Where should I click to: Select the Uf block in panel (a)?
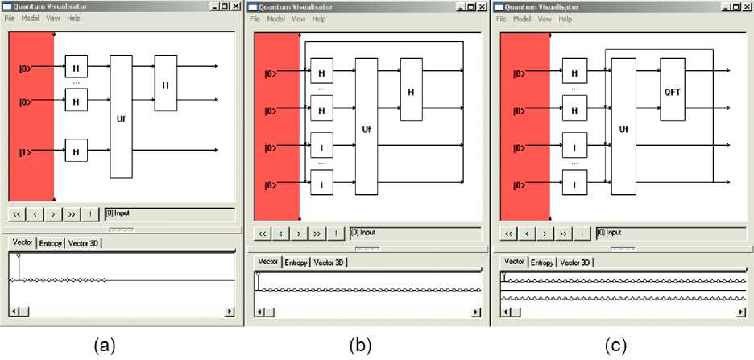pyautogui.click(x=121, y=116)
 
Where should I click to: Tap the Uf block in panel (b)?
pyautogui.click(x=367, y=127)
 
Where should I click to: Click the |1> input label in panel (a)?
pyautogui.click(x=24, y=150)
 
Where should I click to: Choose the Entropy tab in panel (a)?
pyautogui.click(x=50, y=243)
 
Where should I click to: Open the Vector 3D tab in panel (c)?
pyautogui.click(x=575, y=263)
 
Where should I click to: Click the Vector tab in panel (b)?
pyautogui.click(x=268, y=263)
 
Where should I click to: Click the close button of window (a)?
pyautogui.click(x=235, y=6)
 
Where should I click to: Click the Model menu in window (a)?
pyautogui.click(x=31, y=18)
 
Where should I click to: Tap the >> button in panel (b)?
pyautogui.click(x=317, y=234)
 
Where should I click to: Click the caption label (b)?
pyautogui.click(x=359, y=346)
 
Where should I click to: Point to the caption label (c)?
pyautogui.click(x=616, y=346)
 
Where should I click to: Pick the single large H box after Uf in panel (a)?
pyautogui.click(x=165, y=84)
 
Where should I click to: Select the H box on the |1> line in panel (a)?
pyautogui.click(x=77, y=150)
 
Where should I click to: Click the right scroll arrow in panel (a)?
pyautogui.click(x=230, y=311)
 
